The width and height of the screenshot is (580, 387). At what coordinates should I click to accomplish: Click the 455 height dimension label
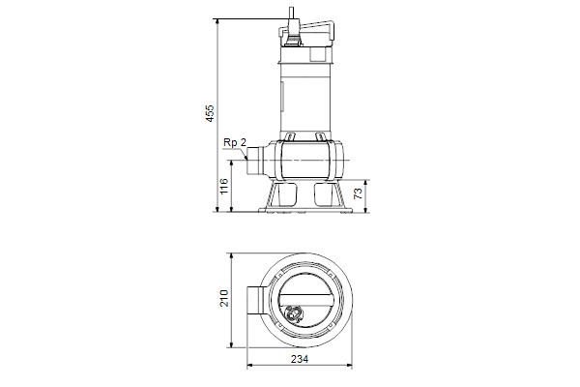210,113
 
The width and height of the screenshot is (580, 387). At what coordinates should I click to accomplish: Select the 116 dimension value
224,186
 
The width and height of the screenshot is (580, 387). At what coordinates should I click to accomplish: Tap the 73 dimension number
358,193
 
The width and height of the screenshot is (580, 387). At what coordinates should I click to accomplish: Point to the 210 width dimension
224,298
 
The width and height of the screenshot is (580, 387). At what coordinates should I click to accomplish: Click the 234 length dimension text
300,359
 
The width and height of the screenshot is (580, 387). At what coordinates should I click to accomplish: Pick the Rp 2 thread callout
235,142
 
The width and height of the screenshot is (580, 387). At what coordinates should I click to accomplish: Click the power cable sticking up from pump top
292,16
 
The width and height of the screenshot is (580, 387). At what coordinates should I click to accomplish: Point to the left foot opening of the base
287,193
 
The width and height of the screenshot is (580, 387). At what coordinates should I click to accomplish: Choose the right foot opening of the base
323,193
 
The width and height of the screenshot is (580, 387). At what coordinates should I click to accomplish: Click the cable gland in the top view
294,313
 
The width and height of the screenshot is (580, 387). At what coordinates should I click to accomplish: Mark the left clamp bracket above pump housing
290,136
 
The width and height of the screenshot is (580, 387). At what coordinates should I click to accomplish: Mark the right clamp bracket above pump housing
320,136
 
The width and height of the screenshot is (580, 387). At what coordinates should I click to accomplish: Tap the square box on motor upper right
318,54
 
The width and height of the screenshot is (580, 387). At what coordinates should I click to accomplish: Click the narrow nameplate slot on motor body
283,98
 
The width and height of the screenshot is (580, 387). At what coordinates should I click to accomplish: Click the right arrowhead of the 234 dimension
349,366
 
